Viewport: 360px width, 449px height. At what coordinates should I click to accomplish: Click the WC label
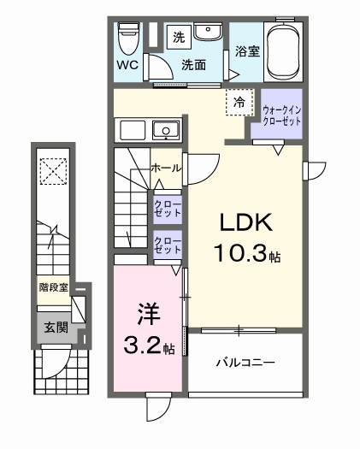coord(127,64)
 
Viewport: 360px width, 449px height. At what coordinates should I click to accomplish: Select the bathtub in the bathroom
coord(284,51)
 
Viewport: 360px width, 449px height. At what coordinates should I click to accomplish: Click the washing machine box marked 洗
coord(179,36)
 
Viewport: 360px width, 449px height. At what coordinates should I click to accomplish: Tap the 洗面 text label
coord(194,64)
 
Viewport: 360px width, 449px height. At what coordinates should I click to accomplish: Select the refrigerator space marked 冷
coord(239,102)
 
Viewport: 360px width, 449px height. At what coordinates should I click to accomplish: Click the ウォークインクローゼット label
coord(280,115)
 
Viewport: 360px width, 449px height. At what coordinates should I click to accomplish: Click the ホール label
coord(164,168)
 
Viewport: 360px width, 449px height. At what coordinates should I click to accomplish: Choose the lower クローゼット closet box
coord(167,246)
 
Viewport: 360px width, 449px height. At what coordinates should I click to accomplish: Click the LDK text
coord(246,224)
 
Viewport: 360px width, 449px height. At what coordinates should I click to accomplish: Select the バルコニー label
coord(244,363)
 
